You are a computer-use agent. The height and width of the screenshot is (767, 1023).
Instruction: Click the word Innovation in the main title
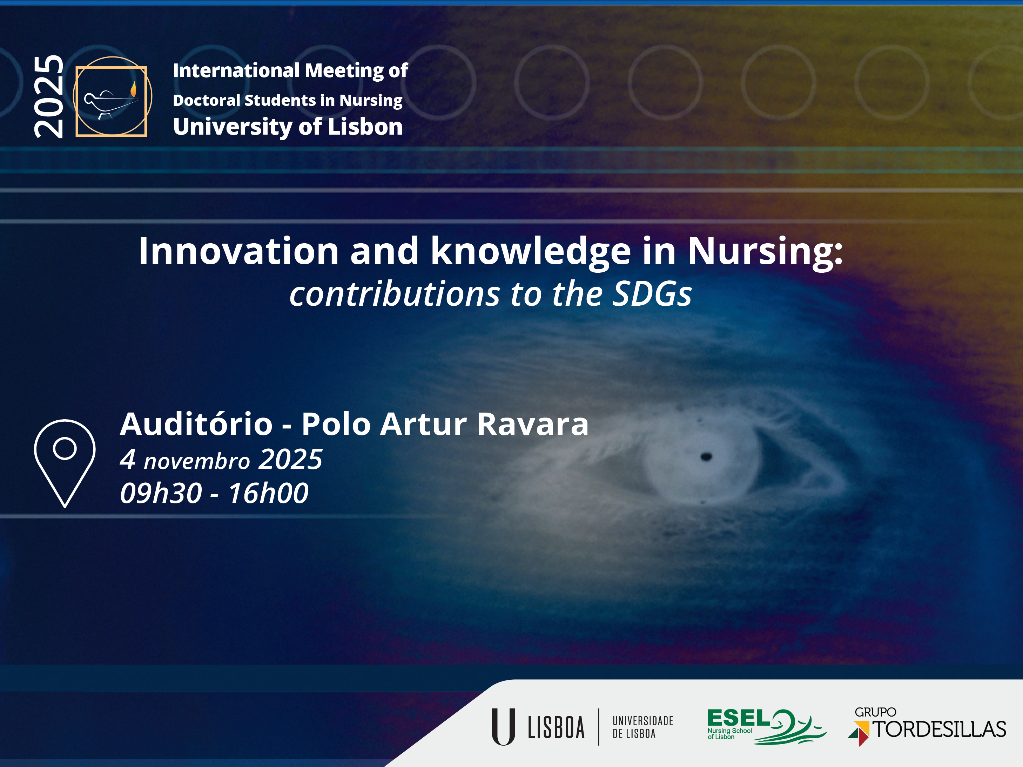coord(238,251)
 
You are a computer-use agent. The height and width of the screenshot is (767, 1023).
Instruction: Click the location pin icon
coord(65,463)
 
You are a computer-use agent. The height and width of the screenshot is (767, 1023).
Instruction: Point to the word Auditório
coord(196,423)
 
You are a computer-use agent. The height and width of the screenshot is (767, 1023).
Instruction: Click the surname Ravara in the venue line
coord(533,424)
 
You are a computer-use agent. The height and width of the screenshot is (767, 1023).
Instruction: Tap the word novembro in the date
coord(196,461)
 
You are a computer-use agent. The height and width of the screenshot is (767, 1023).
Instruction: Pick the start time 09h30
coord(161,493)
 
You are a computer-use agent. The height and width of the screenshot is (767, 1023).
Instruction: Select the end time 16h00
coord(268,493)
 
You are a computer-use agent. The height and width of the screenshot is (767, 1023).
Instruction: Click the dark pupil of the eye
coord(706,457)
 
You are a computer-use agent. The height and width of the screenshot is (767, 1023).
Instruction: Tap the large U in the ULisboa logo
coord(503,726)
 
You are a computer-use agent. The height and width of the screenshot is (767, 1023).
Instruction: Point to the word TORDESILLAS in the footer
coord(939,729)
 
